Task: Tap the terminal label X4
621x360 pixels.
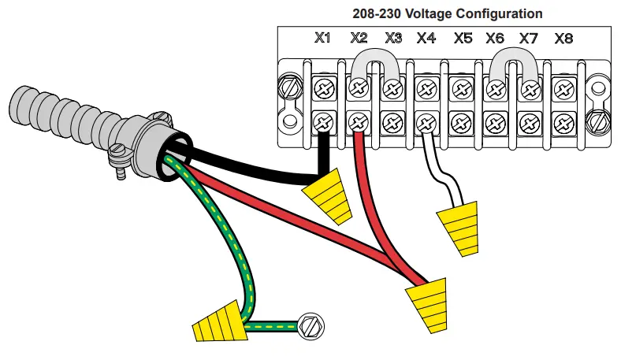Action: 426,37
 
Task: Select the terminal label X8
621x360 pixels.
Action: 563,37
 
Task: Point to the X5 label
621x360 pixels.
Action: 463,37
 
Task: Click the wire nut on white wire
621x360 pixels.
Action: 459,227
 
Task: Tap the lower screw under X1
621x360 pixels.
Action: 324,123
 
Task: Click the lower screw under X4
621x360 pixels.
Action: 426,123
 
